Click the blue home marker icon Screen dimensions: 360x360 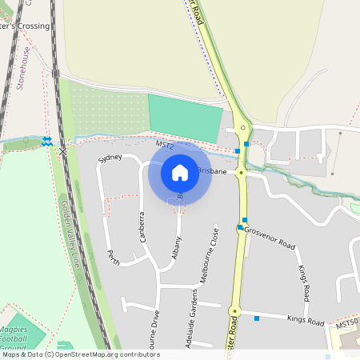pyautogui.click(x=180, y=172)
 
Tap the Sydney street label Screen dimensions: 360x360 pyautogui.click(x=110, y=158)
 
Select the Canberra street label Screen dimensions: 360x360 pyautogui.click(x=142, y=227)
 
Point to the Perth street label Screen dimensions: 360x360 pyautogui.click(x=114, y=257)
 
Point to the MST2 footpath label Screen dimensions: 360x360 pyautogui.click(x=165, y=146)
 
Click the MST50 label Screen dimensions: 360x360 pyautogui.click(x=346, y=324)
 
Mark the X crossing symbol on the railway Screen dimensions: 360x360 pyautogui.click(x=62, y=150)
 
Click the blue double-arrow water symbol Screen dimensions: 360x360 pyautogui.click(x=46, y=141)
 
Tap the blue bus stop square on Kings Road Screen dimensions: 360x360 pyautogui.click(x=257, y=318)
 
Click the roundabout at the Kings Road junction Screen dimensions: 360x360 pyautogui.click(x=234, y=310)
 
